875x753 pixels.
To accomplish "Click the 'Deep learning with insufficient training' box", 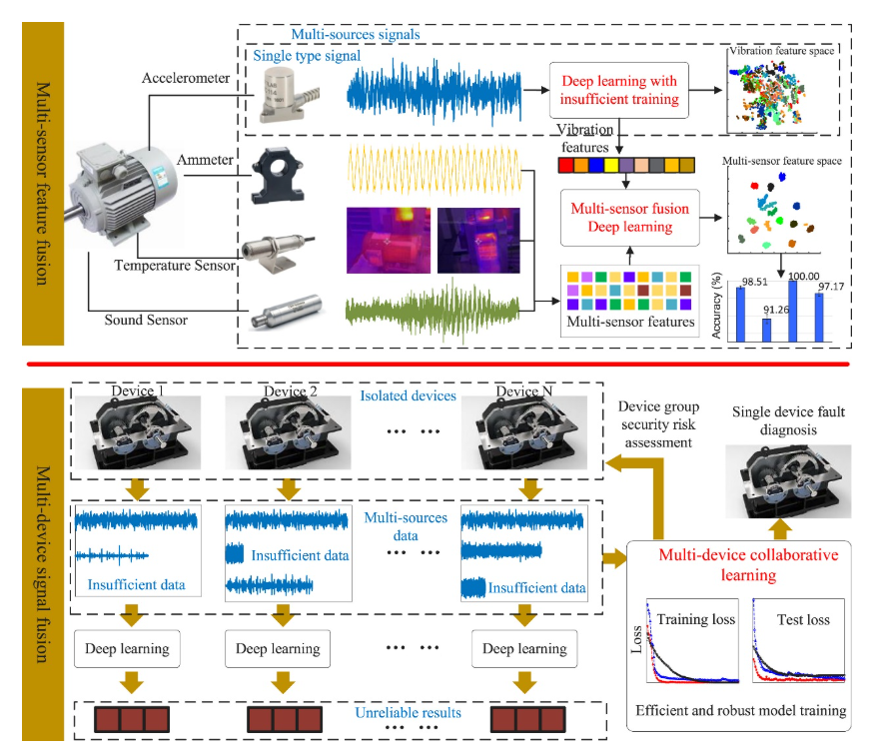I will tap(619, 90).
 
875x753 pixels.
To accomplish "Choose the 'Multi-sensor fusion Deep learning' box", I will tap(626, 218).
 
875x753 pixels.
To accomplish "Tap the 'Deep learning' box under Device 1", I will tap(127, 648).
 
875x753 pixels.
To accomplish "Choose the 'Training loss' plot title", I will tap(695, 619).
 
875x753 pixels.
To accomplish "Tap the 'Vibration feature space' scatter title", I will tap(783, 48).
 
